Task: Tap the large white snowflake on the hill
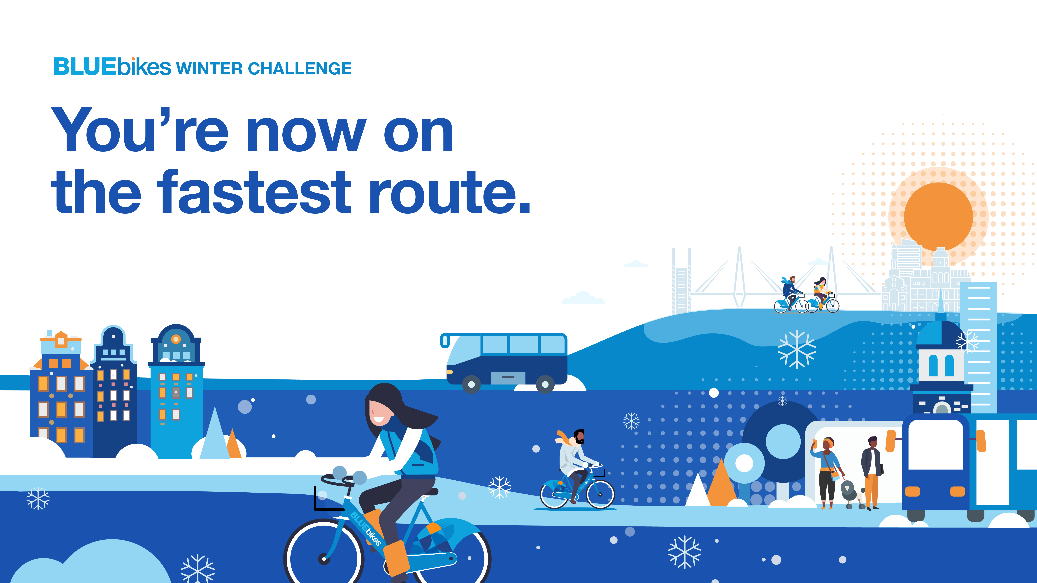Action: (797, 349)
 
